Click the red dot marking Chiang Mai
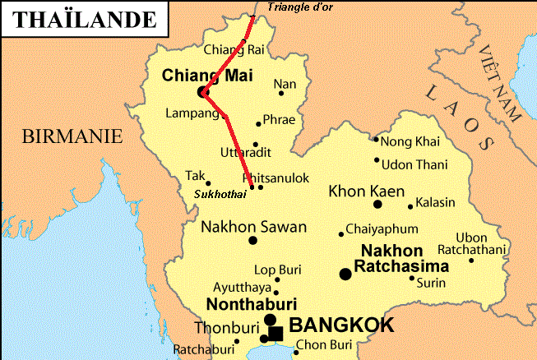coord(202,92)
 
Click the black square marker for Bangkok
coord(276,334)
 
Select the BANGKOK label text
coord(341,325)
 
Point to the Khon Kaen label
coord(366,192)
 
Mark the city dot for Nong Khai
coord(376,140)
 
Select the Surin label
coord(432,283)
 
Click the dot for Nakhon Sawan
coord(252,240)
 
